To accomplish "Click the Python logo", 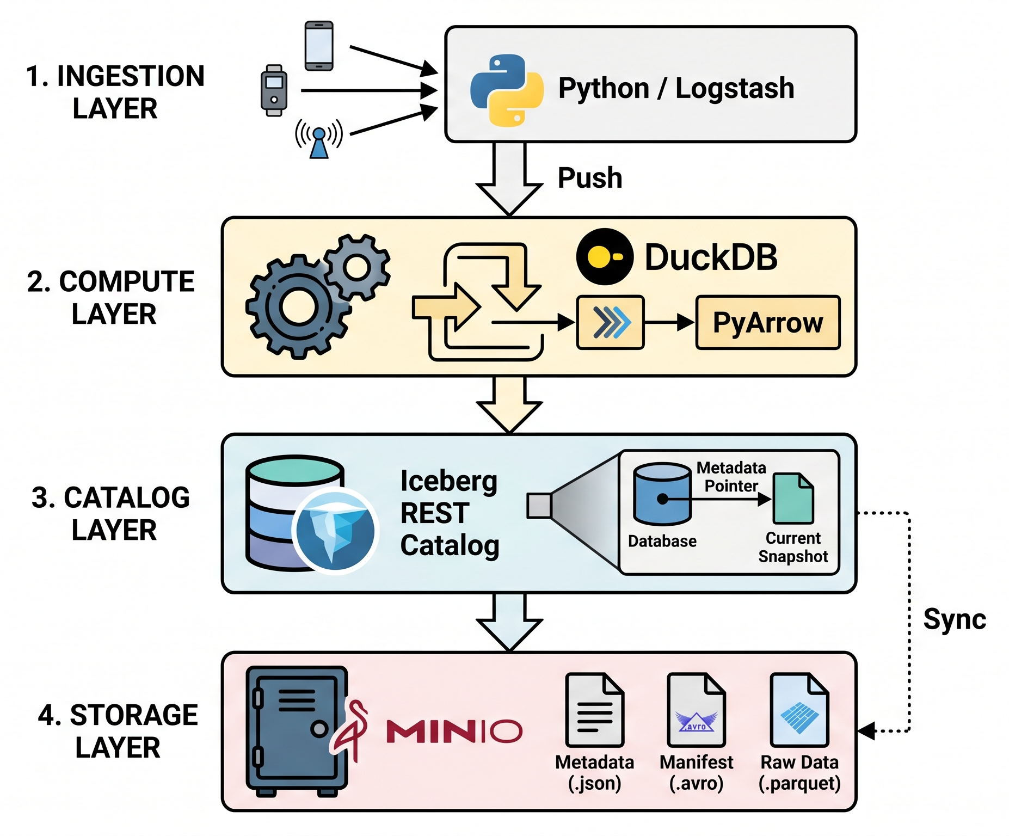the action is coord(507,90).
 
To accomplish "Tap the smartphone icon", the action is coord(319,46).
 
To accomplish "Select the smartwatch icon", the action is coord(274,90).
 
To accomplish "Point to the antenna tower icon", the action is coord(319,138).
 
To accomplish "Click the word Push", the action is coord(590,178).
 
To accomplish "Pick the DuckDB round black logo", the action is coord(605,257).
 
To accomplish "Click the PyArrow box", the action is coord(768,322).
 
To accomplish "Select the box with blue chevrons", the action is coord(611,322).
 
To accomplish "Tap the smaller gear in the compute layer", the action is coord(358,267).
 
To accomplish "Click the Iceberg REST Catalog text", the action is coord(450,513).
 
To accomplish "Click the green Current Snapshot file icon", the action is coord(793,498).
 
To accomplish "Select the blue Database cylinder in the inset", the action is coord(662,494).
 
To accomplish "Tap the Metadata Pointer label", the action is coord(731,477).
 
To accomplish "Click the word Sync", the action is coord(955,619).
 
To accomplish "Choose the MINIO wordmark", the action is coord(454,731).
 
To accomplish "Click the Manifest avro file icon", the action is coord(697,710).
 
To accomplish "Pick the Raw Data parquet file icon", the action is coord(799,710).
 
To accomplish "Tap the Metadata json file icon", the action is coord(594,710).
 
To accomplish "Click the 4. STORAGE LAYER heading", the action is coord(118,731).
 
